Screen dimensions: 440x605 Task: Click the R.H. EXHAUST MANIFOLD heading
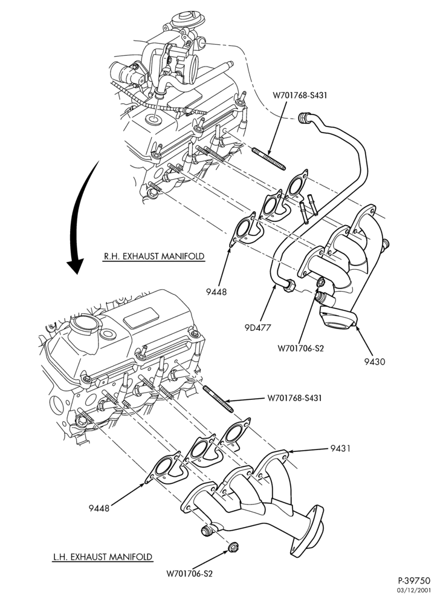pos(154,256)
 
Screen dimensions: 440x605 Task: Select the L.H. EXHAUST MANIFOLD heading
pos(103,557)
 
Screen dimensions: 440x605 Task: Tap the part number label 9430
pos(375,362)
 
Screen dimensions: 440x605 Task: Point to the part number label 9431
pos(340,448)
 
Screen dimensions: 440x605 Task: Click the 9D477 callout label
pos(257,327)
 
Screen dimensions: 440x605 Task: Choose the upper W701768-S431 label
pos(299,95)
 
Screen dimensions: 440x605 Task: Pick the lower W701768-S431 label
pos(294,398)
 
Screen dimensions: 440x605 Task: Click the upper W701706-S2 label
pos(301,348)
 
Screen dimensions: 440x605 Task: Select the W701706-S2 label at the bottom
pos(190,574)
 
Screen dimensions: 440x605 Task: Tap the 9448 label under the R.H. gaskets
pos(216,292)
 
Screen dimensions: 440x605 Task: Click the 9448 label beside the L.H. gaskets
pos(99,508)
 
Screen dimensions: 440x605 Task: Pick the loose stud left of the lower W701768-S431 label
pos(218,399)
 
